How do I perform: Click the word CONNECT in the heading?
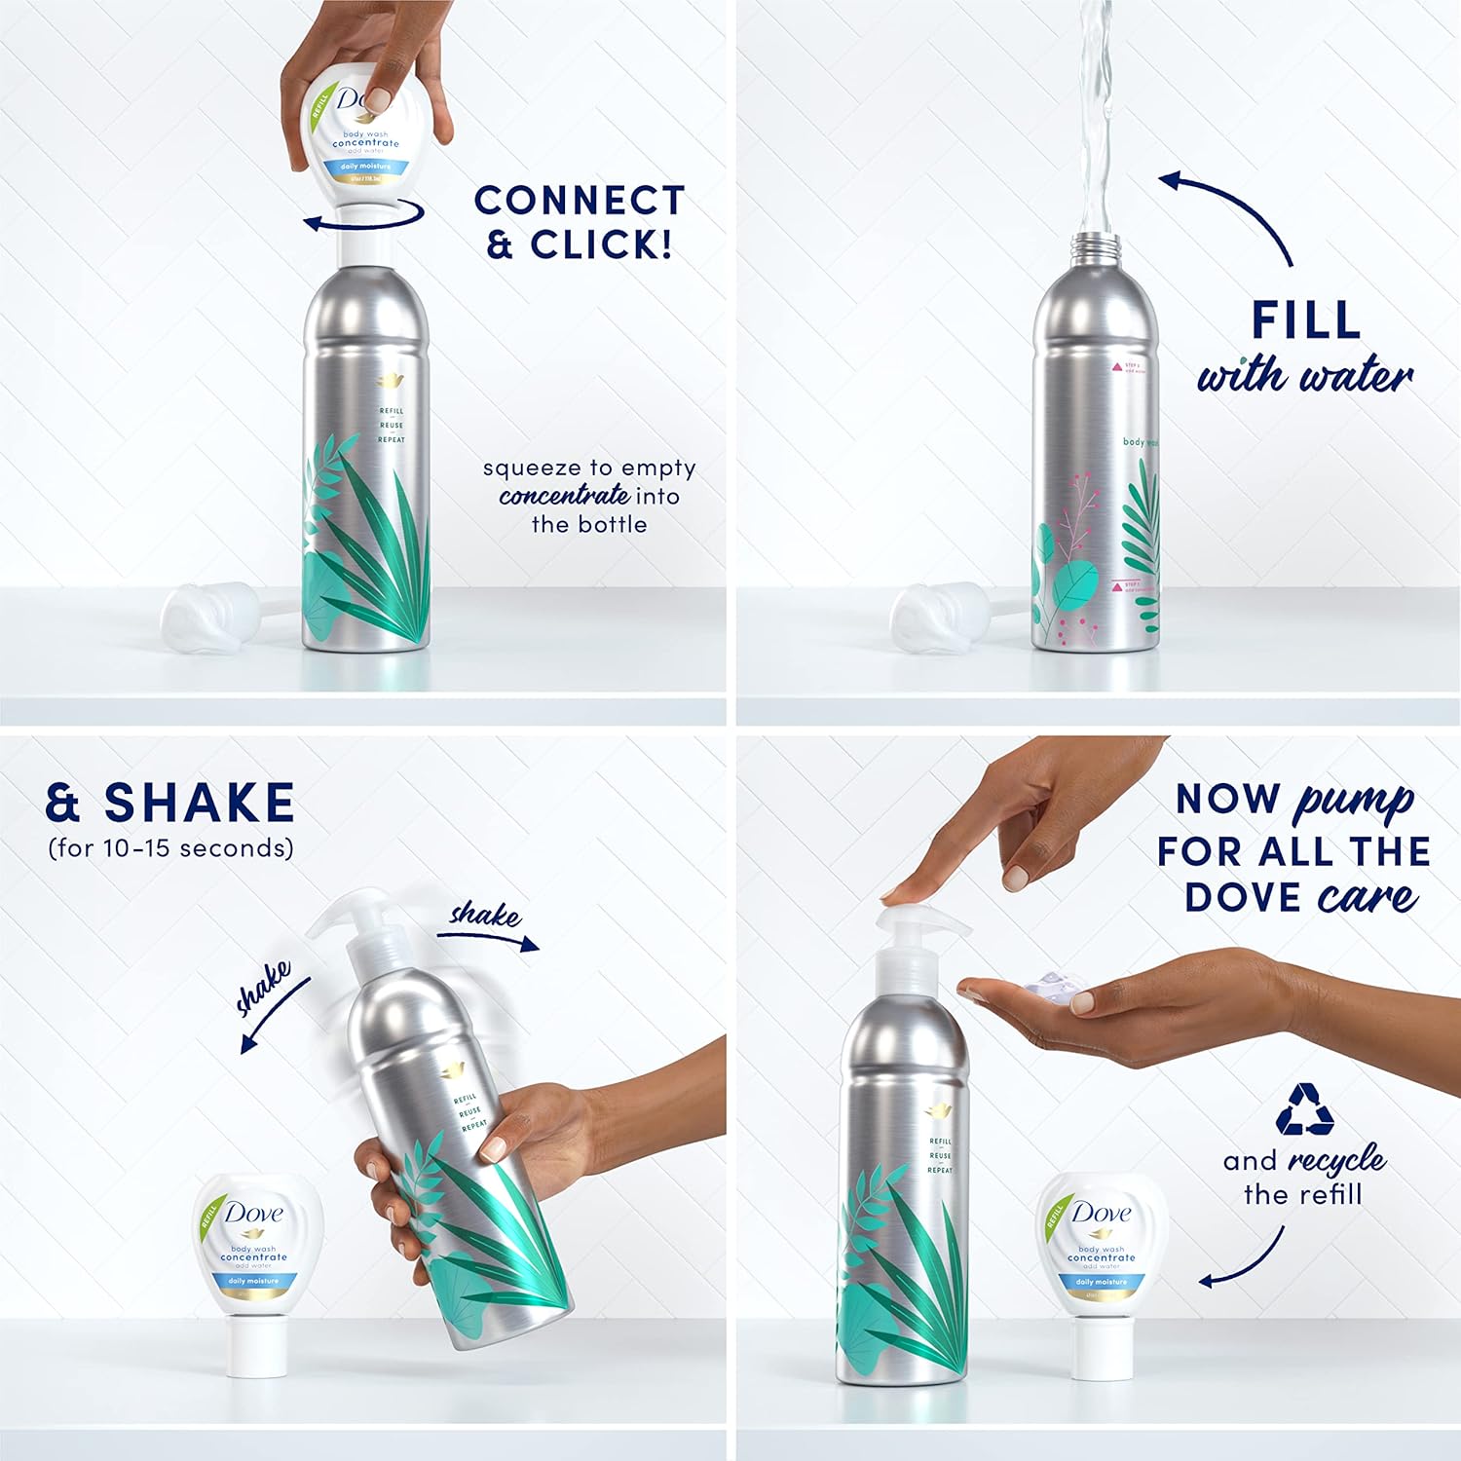tap(580, 201)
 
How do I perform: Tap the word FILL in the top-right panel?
tap(1305, 319)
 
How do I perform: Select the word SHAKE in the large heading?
tap(199, 803)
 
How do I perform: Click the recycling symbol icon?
tap(1304, 1109)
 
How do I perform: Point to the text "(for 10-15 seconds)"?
tap(170, 848)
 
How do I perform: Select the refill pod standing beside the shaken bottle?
tap(256, 1271)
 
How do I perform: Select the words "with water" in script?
tap(1304, 375)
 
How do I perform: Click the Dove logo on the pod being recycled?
tap(1102, 1213)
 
